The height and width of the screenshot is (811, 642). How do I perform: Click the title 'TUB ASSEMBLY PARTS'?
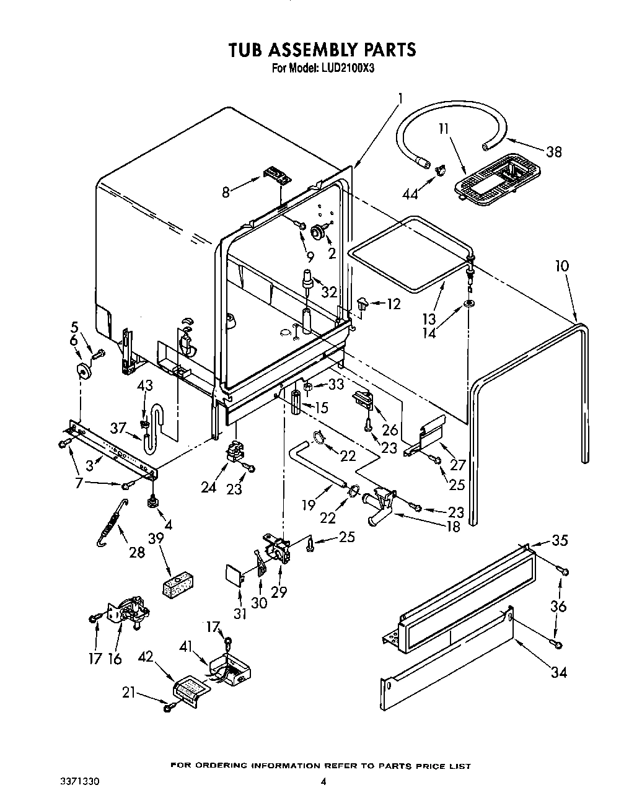[322, 49]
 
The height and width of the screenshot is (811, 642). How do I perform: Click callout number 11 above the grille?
[444, 129]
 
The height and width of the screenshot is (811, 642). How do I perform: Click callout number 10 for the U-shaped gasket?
[562, 266]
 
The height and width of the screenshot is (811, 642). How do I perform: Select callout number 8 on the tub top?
[226, 192]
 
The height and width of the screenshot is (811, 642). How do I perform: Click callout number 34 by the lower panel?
[558, 672]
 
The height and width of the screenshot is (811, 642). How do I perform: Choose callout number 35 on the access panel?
[560, 540]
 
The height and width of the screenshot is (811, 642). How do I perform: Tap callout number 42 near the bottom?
[145, 658]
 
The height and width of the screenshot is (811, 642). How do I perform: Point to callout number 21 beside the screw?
[128, 693]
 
